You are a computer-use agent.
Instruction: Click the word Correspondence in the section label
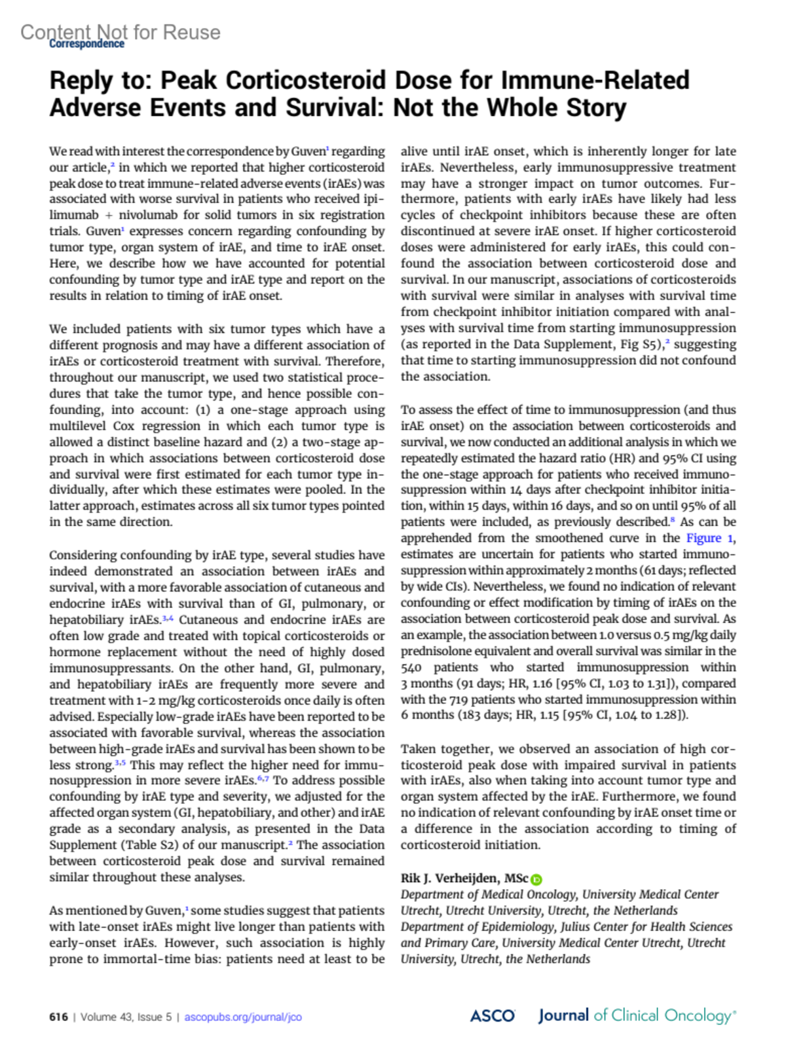[86, 44]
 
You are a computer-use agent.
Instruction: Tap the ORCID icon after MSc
[536, 879]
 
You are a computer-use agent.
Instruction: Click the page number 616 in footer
[58, 1017]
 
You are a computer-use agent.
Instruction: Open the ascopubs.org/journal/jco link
[243, 1017]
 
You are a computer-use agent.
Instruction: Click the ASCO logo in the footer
[492, 1016]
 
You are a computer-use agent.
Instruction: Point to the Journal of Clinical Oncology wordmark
[637, 1016]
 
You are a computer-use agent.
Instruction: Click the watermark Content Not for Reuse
[121, 31]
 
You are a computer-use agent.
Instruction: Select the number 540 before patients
[411, 667]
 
